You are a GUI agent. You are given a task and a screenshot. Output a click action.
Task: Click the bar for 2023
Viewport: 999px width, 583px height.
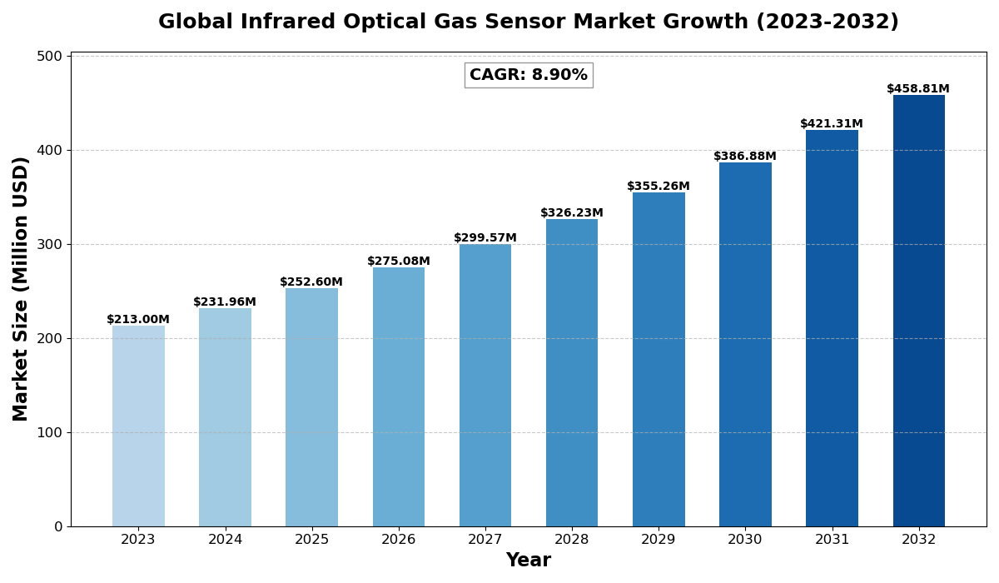(x=138, y=426)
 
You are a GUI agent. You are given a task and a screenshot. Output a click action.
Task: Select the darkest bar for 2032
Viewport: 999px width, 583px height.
(x=918, y=311)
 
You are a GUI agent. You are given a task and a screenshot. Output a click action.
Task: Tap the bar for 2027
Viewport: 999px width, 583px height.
(x=485, y=385)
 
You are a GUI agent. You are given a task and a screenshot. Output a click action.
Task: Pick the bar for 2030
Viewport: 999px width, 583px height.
(x=745, y=344)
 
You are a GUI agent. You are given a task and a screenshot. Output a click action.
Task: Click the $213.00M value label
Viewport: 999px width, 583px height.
(x=138, y=320)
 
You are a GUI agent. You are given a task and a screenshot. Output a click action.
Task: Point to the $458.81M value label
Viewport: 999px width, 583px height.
(x=917, y=89)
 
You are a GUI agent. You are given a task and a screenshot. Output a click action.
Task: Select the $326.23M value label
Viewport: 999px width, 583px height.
(x=572, y=213)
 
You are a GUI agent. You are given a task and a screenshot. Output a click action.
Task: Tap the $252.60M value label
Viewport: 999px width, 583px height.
(x=311, y=282)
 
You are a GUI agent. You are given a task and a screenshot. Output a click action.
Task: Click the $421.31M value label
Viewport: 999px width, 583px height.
(x=832, y=124)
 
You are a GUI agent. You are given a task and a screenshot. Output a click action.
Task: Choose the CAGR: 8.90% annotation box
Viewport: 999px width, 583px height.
(x=529, y=75)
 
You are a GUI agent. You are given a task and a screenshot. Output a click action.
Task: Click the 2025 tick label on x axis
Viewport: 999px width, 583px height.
(x=311, y=540)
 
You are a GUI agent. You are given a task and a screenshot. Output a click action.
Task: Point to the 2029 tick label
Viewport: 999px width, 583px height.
(x=659, y=540)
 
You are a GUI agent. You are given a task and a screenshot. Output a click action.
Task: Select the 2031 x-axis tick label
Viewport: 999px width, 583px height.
(x=832, y=540)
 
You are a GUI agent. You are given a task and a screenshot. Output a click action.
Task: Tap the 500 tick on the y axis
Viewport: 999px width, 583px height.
(x=49, y=57)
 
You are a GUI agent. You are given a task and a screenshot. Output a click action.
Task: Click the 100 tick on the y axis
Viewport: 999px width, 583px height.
(x=49, y=433)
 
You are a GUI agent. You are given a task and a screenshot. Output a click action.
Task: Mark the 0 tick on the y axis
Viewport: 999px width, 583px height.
(x=58, y=526)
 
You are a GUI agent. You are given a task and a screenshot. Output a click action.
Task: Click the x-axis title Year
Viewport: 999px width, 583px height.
(x=529, y=561)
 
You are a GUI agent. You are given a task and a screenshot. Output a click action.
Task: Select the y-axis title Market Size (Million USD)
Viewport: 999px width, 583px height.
(x=21, y=289)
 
